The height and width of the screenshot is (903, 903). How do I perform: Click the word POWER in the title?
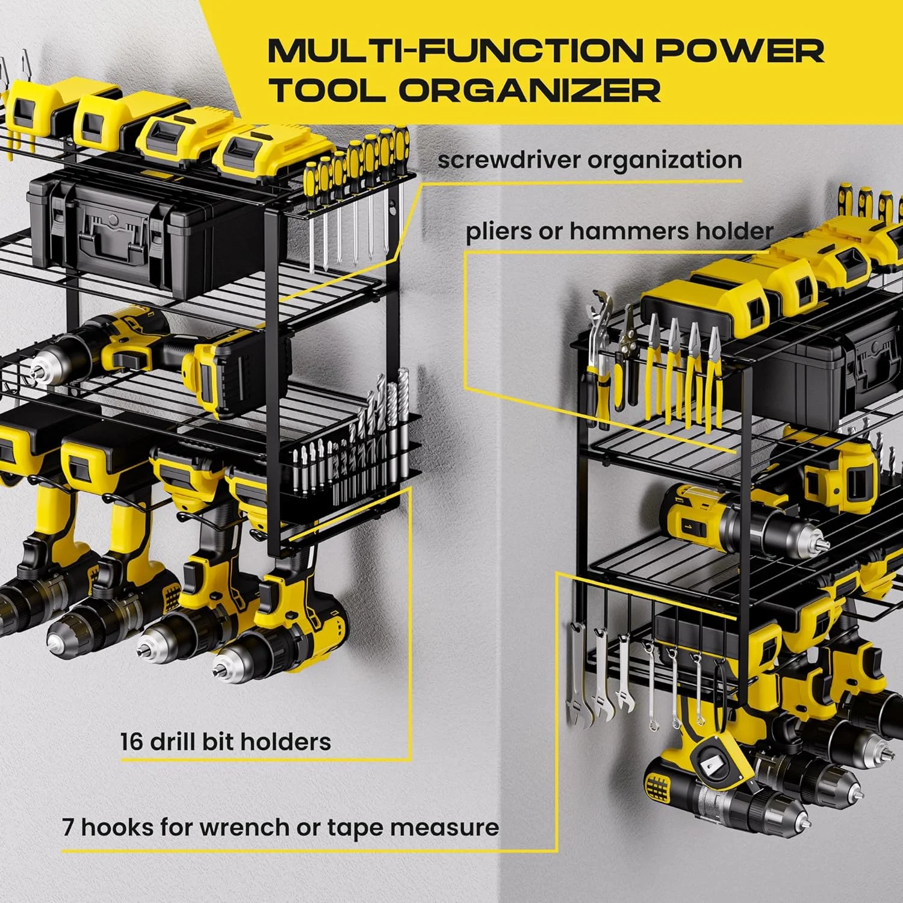(x=740, y=51)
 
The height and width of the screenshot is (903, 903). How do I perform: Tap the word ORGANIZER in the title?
(x=530, y=90)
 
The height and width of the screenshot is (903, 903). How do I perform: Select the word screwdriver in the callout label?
(x=509, y=161)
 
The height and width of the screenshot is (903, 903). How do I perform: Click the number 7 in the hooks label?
(x=68, y=828)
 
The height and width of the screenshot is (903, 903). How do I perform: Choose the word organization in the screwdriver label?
(x=665, y=161)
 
